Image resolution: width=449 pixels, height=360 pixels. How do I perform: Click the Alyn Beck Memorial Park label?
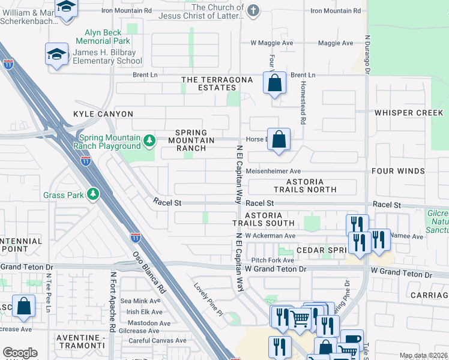coord(103,37)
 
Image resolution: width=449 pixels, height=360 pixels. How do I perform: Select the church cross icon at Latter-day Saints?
coord(253,10)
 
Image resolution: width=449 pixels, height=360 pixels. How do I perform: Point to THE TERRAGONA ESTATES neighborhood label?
coord(217,83)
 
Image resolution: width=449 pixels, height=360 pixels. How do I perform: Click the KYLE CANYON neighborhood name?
coord(103,114)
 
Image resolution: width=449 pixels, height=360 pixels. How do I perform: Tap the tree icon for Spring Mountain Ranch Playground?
coord(149,142)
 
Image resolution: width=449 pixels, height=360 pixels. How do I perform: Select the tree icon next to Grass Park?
coord(92,194)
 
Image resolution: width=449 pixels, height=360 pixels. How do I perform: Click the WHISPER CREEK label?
coord(408,113)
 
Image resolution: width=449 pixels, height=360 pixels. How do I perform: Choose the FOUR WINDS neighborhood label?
coord(398,171)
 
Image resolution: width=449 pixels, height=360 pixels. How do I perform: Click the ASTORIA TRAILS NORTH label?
coord(304,185)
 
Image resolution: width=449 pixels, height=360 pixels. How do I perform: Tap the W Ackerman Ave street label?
coord(270,236)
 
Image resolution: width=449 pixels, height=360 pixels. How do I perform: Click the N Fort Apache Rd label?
coord(112,302)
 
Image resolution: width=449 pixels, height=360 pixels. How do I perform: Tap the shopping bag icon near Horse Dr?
coord(279,140)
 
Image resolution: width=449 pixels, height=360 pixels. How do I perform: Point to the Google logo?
coord(20,353)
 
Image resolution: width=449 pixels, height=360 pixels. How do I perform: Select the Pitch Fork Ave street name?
coord(273,260)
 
